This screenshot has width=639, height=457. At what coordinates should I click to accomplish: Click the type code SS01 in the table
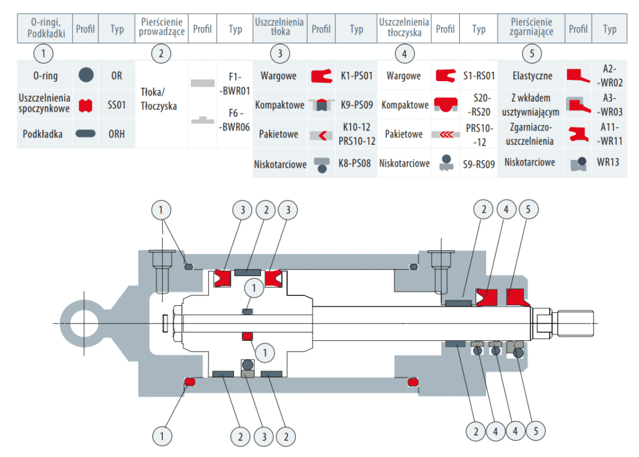117,106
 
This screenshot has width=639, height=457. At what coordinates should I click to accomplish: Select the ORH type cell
117,134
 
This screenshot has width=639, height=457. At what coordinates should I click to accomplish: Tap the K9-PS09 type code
356,106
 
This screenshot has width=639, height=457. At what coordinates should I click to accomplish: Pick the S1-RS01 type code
479,76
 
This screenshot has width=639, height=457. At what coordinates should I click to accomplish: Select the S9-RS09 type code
479,164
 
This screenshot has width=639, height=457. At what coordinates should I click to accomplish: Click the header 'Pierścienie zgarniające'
532,28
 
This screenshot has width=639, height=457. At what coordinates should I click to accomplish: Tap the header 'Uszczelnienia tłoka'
280,28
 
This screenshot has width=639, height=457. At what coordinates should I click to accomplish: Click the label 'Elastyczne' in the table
532,76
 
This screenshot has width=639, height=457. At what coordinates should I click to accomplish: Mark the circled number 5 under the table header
532,54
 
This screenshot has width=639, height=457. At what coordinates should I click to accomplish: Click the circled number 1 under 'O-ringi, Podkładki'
43,54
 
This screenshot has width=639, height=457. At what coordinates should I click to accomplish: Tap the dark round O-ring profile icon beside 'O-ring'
86,76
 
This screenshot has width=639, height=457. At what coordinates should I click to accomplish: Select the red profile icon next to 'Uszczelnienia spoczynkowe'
86,106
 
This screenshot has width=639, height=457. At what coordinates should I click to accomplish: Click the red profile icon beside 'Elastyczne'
578,76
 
